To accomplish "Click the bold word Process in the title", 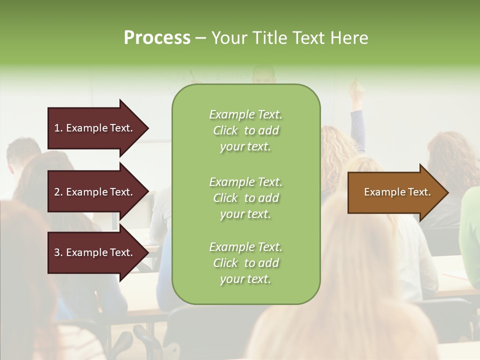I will [x=157, y=38].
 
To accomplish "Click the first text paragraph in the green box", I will [x=245, y=130].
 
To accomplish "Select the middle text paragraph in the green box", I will [x=245, y=198].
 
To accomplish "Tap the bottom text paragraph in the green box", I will [x=245, y=263].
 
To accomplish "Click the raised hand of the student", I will [x=355, y=88].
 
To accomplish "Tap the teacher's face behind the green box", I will [x=263, y=76].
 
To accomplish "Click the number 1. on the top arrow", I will [x=58, y=128].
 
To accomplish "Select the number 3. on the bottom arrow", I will [x=58, y=252].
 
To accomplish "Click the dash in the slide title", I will [x=200, y=38].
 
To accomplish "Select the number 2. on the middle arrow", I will [x=58, y=192].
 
